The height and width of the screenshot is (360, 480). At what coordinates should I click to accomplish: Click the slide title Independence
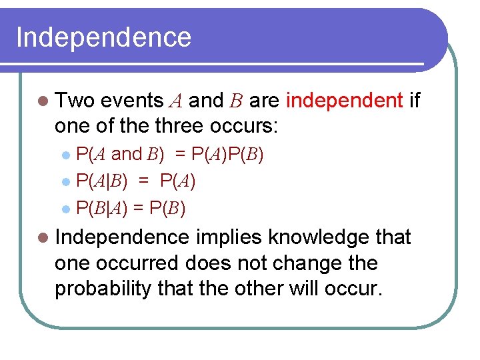[x=103, y=37]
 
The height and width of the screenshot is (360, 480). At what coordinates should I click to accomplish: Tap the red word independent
[x=344, y=101]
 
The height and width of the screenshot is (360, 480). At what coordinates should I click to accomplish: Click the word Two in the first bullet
[x=75, y=101]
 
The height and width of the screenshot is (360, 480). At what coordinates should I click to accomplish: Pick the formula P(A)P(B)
[x=227, y=155]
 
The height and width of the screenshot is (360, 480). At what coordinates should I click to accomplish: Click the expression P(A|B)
[x=103, y=181]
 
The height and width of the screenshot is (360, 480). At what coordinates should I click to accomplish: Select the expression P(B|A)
[x=103, y=208]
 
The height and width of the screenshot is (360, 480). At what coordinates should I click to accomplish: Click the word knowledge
[x=325, y=237]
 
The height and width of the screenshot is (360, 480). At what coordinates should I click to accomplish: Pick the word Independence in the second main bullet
[x=123, y=237]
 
